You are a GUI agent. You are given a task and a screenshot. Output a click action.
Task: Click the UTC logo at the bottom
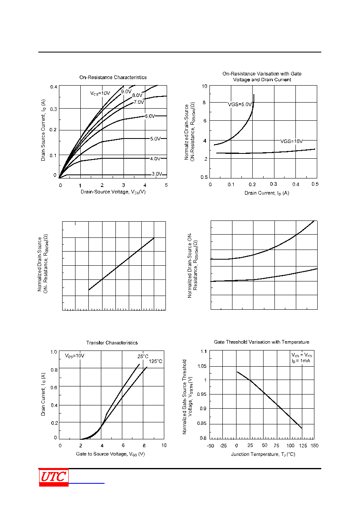[x=54, y=477]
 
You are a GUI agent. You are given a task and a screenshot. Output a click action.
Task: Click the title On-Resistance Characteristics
[x=113, y=78]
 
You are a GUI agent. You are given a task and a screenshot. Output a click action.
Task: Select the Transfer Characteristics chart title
[x=112, y=343]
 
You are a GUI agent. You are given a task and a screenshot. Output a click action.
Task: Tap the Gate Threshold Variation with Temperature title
[x=262, y=342]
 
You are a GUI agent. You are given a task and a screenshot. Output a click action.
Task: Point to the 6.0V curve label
[x=150, y=116]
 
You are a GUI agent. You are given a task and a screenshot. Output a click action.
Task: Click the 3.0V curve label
[x=157, y=174]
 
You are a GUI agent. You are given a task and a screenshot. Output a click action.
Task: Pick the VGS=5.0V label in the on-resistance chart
[x=240, y=104]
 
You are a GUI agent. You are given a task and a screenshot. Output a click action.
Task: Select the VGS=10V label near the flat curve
[x=291, y=141]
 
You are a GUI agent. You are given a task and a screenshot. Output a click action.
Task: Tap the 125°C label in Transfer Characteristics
[x=156, y=361]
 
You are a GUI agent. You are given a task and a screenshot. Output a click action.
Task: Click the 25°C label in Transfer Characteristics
[x=143, y=356]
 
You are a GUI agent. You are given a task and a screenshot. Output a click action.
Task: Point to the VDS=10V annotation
[x=74, y=356]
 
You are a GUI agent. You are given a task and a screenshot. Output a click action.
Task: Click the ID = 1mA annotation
[x=301, y=361]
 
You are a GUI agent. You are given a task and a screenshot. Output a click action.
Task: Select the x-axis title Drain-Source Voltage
[x=113, y=192]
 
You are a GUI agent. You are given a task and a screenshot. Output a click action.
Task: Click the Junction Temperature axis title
[x=263, y=454]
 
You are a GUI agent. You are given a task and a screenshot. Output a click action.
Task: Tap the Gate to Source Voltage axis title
[x=110, y=454]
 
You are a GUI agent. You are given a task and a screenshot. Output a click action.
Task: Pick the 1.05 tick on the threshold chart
[x=202, y=366]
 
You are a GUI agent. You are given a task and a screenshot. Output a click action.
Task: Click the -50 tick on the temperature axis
[x=210, y=445]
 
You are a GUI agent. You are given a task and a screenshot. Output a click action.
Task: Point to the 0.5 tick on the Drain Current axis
[x=315, y=184]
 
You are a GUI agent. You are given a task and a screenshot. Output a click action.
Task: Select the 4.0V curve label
[x=155, y=159]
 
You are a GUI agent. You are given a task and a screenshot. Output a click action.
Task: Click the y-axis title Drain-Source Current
[x=43, y=130]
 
